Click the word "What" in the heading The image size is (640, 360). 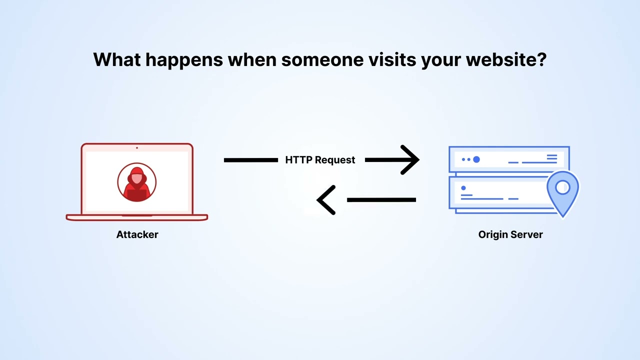tap(116, 59)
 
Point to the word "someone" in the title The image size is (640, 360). tap(322, 59)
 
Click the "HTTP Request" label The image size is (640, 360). tap(320, 160)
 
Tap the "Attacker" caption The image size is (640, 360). tap(137, 234)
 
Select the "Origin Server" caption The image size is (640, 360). tap(510, 234)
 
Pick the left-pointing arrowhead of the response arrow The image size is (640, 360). tap(326, 200)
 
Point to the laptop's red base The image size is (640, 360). tap(137, 217)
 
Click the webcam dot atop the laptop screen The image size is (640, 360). tap(137, 147)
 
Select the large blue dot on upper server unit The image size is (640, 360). tap(476, 159)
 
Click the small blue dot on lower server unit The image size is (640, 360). tap(463, 188)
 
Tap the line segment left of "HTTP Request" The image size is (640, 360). tap(250, 160)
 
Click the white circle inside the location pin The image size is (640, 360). tap(562, 187)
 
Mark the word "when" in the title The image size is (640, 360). tap(251, 59)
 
